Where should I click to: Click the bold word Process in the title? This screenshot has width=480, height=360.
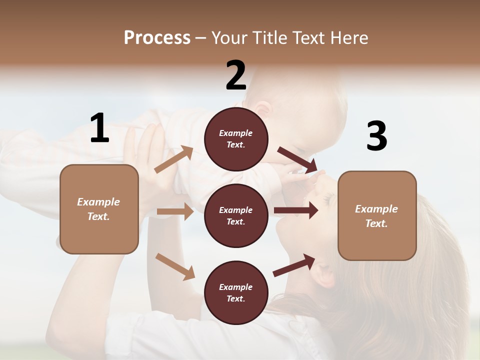coord(157,37)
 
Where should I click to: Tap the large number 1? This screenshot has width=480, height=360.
coord(99,128)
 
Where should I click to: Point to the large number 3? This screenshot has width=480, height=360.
coord(376,136)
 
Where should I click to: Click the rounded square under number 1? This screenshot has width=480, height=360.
coord(99,209)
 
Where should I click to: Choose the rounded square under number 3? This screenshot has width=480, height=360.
coord(377,215)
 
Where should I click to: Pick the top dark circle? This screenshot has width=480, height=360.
coord(236,139)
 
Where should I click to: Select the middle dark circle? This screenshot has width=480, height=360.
coord(236,215)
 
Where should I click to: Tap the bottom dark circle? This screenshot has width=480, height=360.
coord(236,292)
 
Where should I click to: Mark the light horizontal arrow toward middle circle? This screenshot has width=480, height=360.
coord(175,211)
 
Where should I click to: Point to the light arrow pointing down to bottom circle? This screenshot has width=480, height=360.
coord(175,266)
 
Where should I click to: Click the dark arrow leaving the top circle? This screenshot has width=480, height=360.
coord(297,160)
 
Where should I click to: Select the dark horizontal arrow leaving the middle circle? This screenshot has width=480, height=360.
coord(296,210)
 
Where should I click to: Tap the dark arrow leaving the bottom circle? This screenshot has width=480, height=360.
coord(294,265)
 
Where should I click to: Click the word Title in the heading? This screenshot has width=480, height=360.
coord(270,37)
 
